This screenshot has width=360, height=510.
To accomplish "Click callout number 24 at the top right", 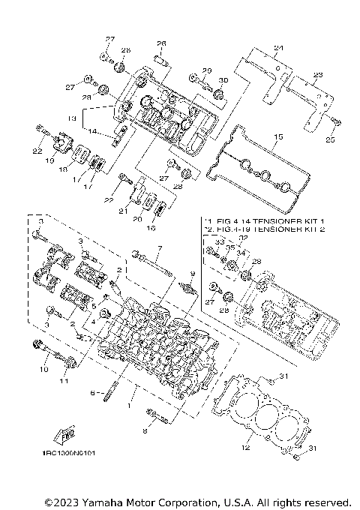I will pyautogui.click(x=279, y=49).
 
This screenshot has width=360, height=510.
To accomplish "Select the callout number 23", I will pyautogui.click(x=317, y=75).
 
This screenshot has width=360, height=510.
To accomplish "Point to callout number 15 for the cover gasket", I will pyautogui.click(x=277, y=138).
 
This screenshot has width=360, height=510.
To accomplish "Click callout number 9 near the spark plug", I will pyautogui.click(x=192, y=274).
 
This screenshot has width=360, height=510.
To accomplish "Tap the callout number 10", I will pyautogui.click(x=43, y=370).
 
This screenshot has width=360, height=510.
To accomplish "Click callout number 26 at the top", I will pyautogui.click(x=160, y=43).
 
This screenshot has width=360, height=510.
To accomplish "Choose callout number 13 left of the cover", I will pyautogui.click(x=73, y=118).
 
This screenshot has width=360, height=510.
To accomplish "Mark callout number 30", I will pyautogui.click(x=222, y=80).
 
